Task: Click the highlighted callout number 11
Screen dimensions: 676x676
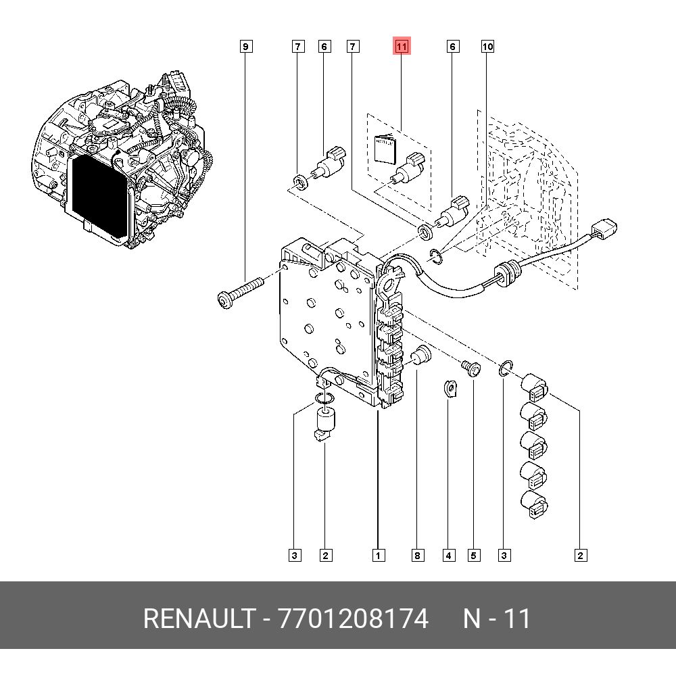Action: tap(402, 47)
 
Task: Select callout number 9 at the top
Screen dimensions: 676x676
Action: tap(246, 47)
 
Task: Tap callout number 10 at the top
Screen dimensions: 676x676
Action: tap(487, 47)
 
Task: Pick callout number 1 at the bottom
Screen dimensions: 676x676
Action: tap(378, 556)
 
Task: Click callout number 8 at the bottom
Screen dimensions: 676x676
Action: tap(417, 556)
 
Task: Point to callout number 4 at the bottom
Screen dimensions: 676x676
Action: tap(449, 556)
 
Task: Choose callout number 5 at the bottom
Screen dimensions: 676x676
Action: tap(473, 556)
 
